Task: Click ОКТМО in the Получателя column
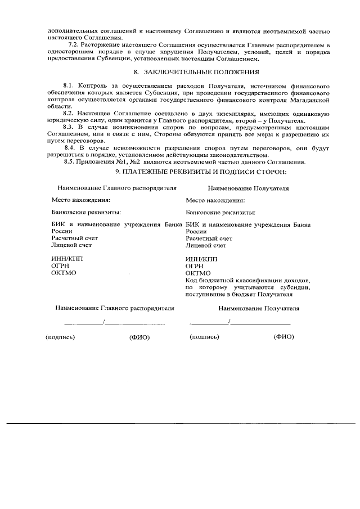[x=198, y=273]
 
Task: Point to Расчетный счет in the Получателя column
[x=209, y=238]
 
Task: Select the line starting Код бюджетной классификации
[x=247, y=280]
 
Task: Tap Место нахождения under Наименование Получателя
[x=215, y=200]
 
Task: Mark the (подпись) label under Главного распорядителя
[x=60, y=337]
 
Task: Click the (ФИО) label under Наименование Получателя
[x=283, y=337]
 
